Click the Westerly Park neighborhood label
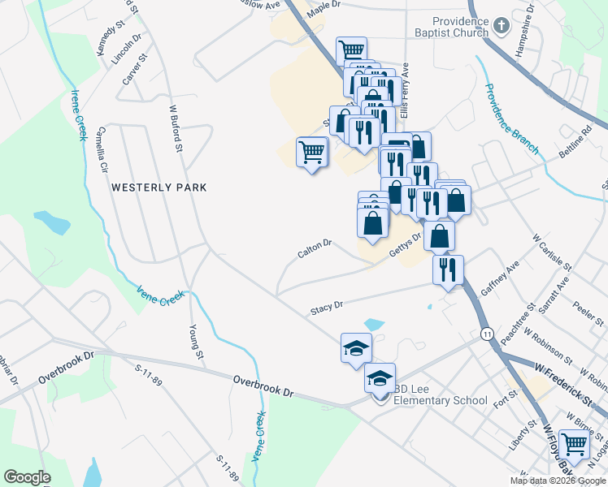point(159,187)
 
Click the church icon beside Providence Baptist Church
point(502,26)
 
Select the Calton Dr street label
point(315,249)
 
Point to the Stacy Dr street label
point(327,308)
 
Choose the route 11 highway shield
point(487,334)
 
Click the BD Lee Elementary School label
point(441,394)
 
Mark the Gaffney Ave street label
point(499,278)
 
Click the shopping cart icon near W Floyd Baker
point(574,444)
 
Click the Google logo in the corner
point(27,477)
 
